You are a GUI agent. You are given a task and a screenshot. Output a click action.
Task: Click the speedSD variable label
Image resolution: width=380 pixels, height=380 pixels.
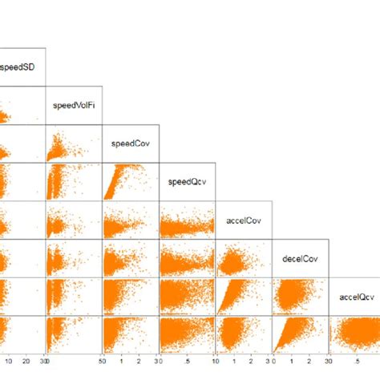click(17, 66)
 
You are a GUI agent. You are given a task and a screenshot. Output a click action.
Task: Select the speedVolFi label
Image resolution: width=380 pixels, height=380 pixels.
click(72, 104)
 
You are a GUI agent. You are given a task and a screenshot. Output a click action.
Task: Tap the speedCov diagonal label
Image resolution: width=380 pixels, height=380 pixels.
click(130, 144)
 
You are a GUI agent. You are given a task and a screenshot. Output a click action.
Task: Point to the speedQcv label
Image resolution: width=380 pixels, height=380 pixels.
click(187, 182)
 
